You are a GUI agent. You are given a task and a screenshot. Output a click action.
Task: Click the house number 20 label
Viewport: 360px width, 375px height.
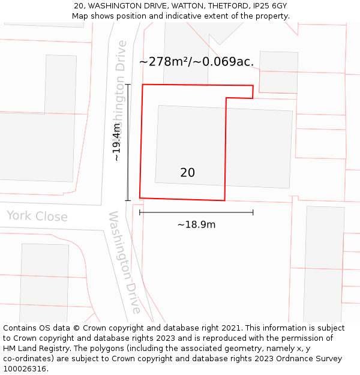point(187,173)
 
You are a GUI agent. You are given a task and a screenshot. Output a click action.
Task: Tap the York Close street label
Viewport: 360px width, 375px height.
point(37,217)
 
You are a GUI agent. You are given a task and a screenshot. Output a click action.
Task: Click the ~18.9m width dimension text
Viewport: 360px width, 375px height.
point(196,225)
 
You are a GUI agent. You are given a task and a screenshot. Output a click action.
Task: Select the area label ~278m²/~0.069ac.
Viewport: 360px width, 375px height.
point(196,61)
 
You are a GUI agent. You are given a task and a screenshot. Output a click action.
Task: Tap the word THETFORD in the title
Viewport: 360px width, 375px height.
point(227,6)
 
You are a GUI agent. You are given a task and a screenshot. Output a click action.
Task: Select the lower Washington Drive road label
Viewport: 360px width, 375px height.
point(125,262)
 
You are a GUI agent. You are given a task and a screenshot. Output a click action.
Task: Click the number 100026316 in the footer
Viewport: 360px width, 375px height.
point(23,369)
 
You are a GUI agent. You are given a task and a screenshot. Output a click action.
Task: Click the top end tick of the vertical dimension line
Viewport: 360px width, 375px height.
point(127,85)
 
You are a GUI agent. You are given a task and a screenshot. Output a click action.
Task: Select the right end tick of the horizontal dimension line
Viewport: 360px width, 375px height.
point(253,212)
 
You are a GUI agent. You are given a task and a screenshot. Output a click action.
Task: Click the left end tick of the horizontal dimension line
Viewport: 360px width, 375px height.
point(140,212)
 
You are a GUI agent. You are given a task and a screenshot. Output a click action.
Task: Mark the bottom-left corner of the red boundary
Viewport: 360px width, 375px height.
point(140,197)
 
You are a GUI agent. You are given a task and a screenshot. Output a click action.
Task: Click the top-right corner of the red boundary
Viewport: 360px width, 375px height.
point(253,86)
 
